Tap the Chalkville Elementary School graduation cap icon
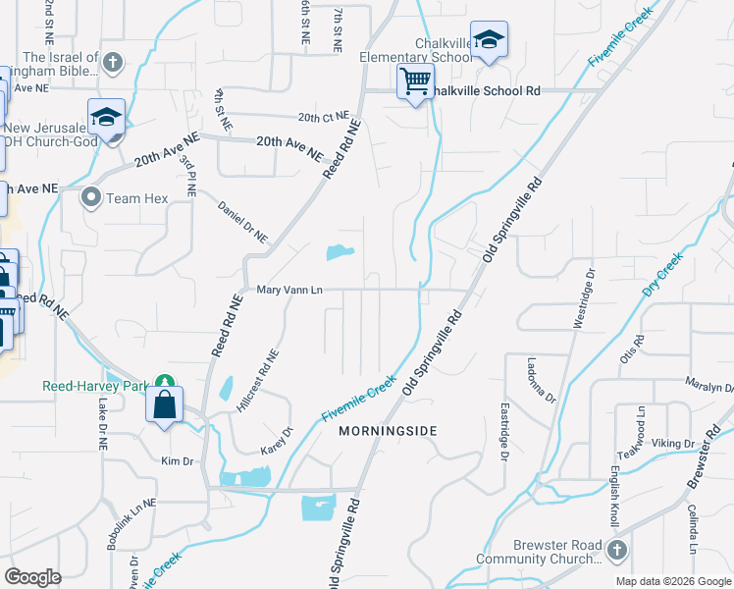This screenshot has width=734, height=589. click(488, 40)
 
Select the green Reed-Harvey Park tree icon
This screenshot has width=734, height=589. click(165, 383)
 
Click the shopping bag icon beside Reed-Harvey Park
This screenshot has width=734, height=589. click(164, 403)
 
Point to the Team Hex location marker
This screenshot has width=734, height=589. click(91, 198)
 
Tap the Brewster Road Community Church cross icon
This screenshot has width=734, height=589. click(616, 549)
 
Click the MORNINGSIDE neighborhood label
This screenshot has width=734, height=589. click(387, 431)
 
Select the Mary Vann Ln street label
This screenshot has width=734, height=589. click(289, 290)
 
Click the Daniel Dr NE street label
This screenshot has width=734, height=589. click(242, 223)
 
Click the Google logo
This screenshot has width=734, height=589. click(32, 577)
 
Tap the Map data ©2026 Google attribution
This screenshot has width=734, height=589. click(672, 581)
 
